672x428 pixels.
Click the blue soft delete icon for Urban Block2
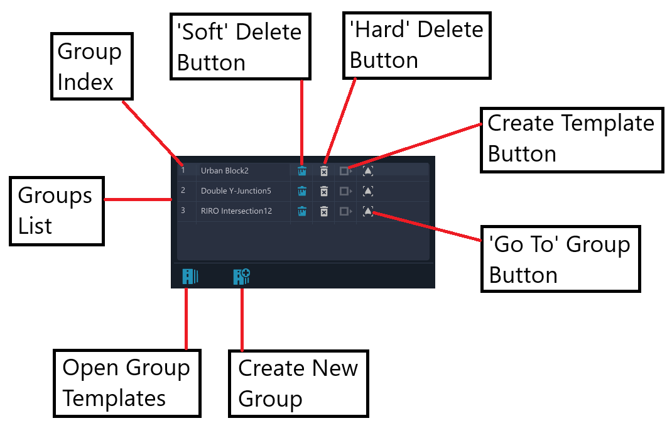pos(302,171)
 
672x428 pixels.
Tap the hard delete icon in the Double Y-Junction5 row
pos(324,191)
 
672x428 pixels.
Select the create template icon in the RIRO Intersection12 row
pos(345,211)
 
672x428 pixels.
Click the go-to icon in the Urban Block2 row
pos(367,171)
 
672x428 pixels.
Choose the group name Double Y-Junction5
pos(236,191)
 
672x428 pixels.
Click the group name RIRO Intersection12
pos(237,211)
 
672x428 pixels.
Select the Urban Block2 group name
pos(225,171)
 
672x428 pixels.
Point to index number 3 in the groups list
pos(183,211)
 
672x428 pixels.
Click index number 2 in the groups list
pos(183,190)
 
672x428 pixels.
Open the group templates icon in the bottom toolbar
pos(190,277)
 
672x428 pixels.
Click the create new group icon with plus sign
pos(242,277)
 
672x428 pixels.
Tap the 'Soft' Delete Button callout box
pos(241,47)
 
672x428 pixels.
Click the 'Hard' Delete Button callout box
pos(416,45)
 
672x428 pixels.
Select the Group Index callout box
pos(92,67)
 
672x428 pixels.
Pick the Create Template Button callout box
pos(572,140)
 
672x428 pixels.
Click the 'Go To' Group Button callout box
pos(561,259)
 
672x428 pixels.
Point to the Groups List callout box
pos(57,211)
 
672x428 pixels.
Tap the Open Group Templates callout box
pos(127,383)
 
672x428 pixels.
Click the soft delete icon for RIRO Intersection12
pos(302,211)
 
